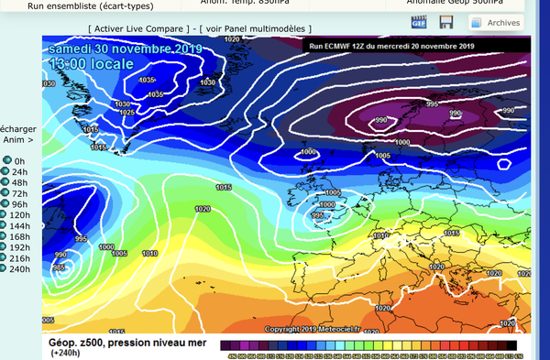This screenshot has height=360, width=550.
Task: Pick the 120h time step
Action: click(18, 215)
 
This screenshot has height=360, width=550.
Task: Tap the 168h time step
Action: click(18, 236)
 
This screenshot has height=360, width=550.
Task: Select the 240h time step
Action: click(18, 269)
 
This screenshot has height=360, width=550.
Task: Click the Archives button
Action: click(496, 22)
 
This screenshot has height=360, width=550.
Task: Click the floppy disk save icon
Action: click(446, 22)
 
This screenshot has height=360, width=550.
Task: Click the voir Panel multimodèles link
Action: click(258, 29)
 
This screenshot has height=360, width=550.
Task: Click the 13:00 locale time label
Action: click(92, 64)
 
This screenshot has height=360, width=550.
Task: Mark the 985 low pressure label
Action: click(59, 267)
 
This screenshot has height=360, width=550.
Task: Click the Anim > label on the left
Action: click(18, 140)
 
